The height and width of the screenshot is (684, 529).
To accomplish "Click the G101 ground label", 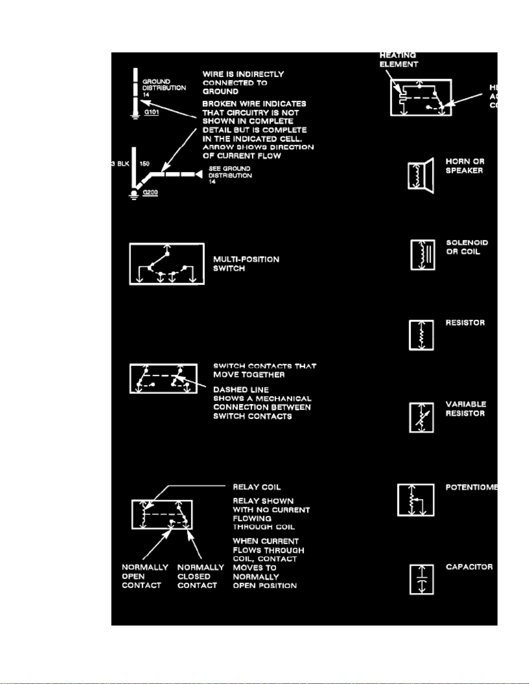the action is click(151, 112).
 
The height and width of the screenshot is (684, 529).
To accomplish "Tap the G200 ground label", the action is click(150, 192).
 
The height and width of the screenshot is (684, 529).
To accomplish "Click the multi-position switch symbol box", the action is click(167, 264).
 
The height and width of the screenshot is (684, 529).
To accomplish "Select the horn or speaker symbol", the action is click(421, 176).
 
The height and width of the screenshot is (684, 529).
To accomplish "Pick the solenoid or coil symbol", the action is click(423, 255).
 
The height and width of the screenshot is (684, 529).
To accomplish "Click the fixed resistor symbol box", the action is click(421, 335).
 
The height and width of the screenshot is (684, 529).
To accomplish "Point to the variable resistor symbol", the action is click(421, 417).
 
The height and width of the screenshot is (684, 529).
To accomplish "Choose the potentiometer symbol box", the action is click(416, 500).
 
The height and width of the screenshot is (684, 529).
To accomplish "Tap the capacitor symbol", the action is click(421, 580).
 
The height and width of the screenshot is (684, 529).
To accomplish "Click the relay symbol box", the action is click(162, 514).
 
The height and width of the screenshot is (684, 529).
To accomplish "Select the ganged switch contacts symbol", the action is click(164, 378).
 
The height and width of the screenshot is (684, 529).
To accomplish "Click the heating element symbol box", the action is click(421, 98).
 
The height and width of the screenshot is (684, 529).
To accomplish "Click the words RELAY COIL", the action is click(257, 487).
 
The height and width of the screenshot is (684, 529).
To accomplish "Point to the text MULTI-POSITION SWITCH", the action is click(246, 264).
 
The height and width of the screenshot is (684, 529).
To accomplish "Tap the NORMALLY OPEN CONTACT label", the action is click(145, 577).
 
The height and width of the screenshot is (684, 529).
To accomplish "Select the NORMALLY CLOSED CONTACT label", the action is click(200, 577).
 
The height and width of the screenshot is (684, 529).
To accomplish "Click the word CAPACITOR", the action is click(469, 567).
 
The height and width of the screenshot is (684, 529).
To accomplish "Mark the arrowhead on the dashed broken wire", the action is click(199, 174).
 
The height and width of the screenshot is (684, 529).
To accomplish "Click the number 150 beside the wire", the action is click(145, 164).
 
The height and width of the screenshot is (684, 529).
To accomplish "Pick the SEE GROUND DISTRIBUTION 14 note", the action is click(230, 175).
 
